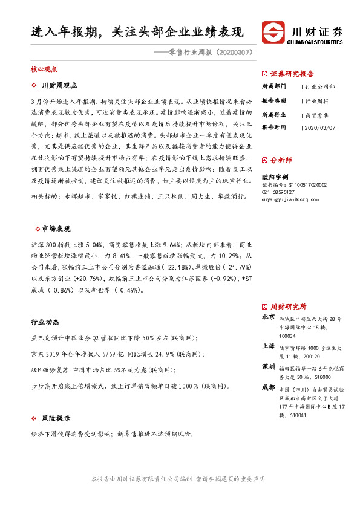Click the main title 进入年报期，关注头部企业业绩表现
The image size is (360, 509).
(x=136, y=32)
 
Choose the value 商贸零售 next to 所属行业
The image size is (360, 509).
(x=316, y=115)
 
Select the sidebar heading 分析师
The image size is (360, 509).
(x=281, y=160)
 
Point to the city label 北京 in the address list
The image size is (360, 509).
(x=268, y=317)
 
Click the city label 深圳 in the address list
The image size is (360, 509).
(x=268, y=367)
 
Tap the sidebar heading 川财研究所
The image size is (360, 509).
(x=288, y=306)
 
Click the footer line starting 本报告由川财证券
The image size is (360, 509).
(x=177, y=478)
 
